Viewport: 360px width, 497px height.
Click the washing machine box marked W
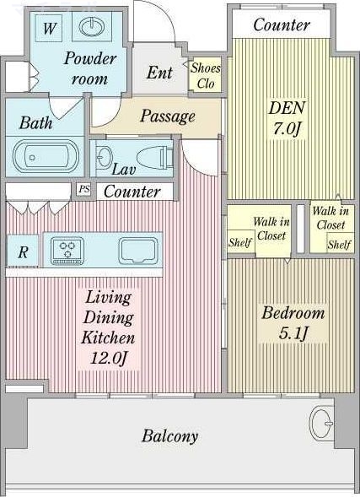48,28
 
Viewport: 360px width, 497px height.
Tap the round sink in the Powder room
92,27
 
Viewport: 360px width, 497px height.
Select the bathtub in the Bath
46,156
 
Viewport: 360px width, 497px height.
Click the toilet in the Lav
155,157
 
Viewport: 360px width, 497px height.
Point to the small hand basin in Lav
104,156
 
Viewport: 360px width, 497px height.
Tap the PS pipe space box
83,190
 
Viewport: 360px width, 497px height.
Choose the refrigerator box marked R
23,251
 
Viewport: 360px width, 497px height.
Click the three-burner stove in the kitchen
67,251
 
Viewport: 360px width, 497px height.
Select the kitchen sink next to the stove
138,251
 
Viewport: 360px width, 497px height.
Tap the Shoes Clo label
206,76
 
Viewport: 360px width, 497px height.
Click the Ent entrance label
159,73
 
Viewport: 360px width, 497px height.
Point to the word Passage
168,116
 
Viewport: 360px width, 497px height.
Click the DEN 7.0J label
287,118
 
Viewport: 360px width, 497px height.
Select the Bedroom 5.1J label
293,322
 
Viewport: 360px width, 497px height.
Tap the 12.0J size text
109,358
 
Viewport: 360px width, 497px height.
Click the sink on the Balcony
321,424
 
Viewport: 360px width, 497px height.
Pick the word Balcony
169,436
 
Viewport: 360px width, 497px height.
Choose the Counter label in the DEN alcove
281,24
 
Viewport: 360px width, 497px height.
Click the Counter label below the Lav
132,192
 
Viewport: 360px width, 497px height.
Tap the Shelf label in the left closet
240,242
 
